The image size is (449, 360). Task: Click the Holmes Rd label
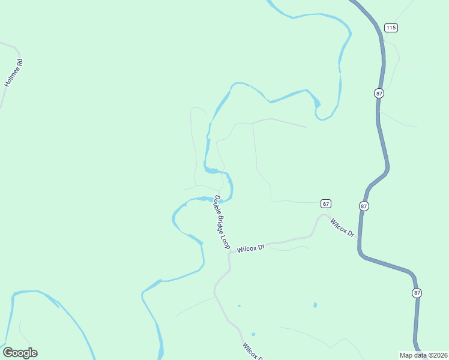(x=14, y=73)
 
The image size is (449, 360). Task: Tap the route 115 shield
(x=391, y=28)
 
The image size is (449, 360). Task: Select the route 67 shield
(x=325, y=203)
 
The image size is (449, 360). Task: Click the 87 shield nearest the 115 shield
(x=379, y=93)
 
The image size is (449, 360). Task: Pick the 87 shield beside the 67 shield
(x=364, y=206)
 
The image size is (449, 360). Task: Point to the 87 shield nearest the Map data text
(x=417, y=293)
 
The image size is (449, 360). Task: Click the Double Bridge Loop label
(x=221, y=222)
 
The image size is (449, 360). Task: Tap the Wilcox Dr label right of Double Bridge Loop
(x=251, y=248)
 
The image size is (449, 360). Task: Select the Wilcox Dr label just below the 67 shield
(x=342, y=226)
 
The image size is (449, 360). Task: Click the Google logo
(x=20, y=353)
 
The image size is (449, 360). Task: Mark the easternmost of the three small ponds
(x=315, y=305)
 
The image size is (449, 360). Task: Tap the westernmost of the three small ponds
(x=239, y=305)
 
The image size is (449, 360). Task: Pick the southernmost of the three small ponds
(x=253, y=334)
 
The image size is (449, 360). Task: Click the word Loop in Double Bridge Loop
(x=224, y=242)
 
